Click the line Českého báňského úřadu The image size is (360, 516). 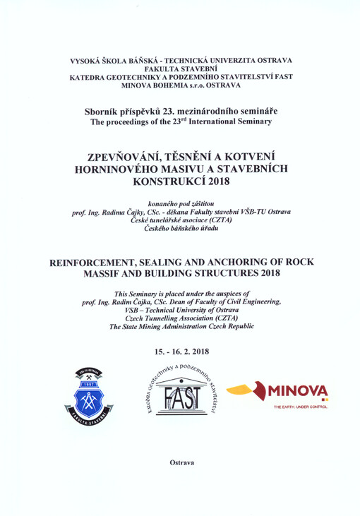[179, 230]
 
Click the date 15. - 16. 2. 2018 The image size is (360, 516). [180, 351]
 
